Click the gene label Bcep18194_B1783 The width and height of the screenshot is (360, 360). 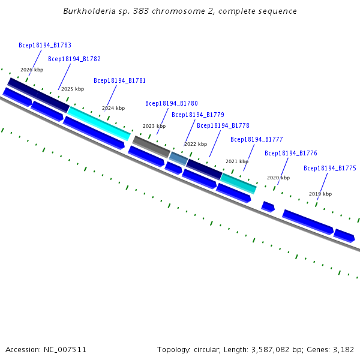pos(45,45)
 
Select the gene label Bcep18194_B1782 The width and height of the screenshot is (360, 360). pos(74,59)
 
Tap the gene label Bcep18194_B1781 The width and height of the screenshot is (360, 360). pos(119,80)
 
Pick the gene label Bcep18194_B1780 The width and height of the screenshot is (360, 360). pos(171,103)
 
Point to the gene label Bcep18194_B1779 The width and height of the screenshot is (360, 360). pos(198,115)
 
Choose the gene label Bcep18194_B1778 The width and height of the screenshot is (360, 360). pos(223,125)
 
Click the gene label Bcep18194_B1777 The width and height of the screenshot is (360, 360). pos(257,139)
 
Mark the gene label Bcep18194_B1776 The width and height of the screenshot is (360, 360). pos(291,153)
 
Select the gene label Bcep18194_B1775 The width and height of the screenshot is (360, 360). pos(330,168)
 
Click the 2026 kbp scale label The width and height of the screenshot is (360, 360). pos(32,70)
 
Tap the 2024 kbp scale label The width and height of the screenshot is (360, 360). pos(113,108)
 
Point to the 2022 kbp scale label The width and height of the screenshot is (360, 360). pos(196,144)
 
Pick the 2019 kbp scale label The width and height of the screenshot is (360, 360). pos(320,194)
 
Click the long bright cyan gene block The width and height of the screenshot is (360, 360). pos(99,123)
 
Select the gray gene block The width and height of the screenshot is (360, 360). pos(151,146)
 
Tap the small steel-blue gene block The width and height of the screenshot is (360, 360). pos(178,158)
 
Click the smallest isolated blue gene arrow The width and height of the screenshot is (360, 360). pos(268,206)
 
